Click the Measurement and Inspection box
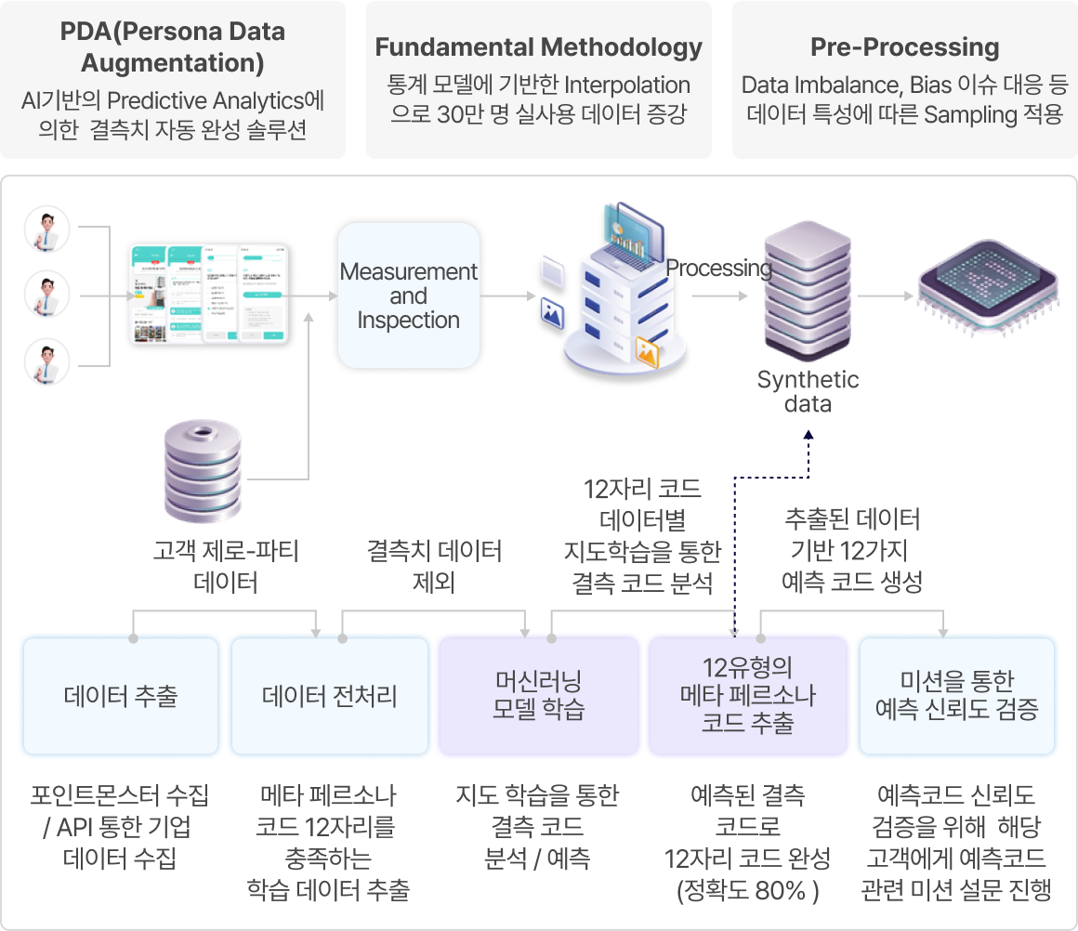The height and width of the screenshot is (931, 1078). tap(408, 295)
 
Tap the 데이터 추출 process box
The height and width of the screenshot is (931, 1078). tap(121, 695)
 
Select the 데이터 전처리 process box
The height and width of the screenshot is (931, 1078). tap(330, 695)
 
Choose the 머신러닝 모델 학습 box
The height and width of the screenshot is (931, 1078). tap(538, 695)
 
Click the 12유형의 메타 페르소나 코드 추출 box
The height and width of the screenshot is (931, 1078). tap(748, 695)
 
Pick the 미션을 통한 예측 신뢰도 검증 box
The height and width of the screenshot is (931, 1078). tap(956, 695)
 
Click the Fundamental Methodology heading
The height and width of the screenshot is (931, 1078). tap(539, 47)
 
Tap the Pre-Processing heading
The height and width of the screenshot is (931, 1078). tap(904, 47)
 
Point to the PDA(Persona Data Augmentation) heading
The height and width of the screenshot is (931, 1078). tap(173, 47)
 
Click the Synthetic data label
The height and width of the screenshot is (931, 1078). tap(808, 391)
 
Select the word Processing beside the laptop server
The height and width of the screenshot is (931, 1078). tap(718, 269)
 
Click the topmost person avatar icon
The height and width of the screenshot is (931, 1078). tap(47, 229)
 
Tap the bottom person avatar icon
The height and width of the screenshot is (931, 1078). tap(47, 362)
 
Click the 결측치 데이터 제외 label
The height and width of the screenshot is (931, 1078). tap(434, 567)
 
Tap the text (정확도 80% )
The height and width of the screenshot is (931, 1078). tap(748, 890)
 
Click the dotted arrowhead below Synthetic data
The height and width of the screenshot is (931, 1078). tap(808, 434)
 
